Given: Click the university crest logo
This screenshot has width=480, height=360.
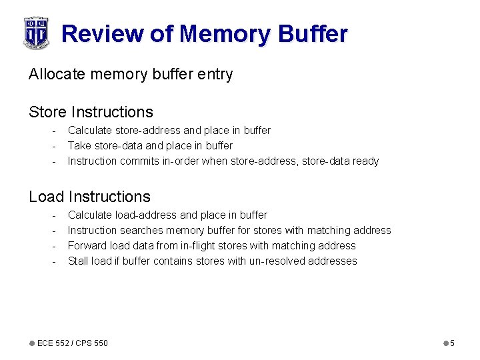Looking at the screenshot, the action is [36, 33].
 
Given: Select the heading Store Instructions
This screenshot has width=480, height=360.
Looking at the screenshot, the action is [91, 112].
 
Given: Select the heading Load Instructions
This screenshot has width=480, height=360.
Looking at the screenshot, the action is [89, 197].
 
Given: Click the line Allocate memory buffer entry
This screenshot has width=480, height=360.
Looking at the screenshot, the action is [131, 74].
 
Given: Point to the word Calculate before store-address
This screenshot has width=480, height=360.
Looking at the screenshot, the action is [90, 130].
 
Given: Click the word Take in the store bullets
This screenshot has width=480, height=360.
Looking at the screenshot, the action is [79, 145].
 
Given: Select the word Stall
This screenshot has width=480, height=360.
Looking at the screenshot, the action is [78, 261].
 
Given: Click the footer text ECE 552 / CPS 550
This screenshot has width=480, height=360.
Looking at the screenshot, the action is [72, 343].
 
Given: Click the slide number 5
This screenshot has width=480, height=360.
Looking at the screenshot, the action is [452, 343].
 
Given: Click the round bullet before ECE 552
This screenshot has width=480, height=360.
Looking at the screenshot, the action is [31, 343].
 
